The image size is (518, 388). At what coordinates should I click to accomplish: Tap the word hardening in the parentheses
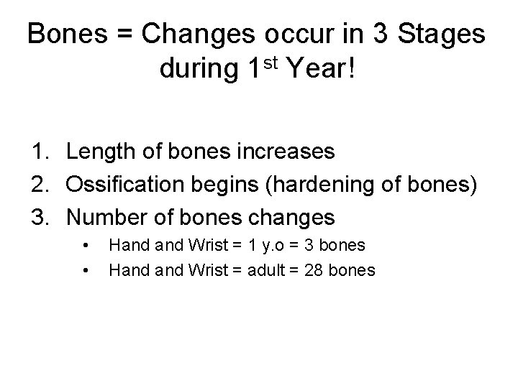(314, 184)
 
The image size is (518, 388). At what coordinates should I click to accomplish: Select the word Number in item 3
(103, 216)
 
